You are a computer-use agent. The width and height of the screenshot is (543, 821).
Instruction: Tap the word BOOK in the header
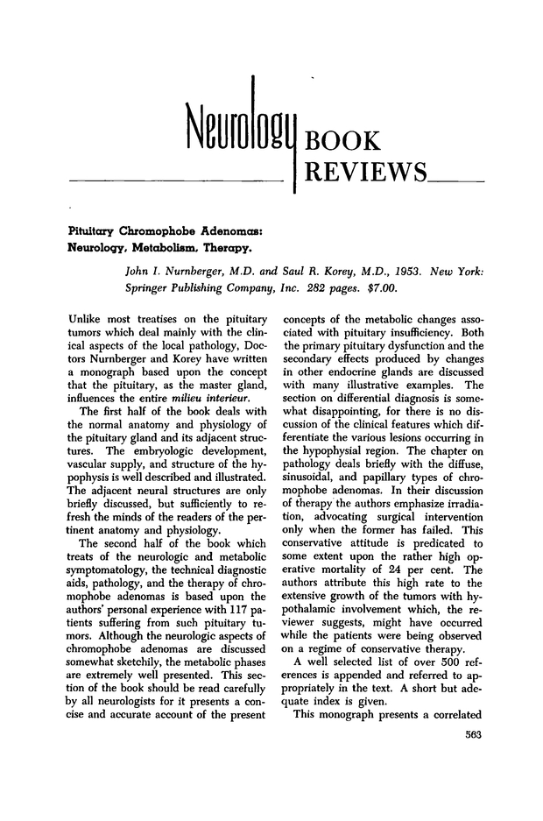click(344, 141)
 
